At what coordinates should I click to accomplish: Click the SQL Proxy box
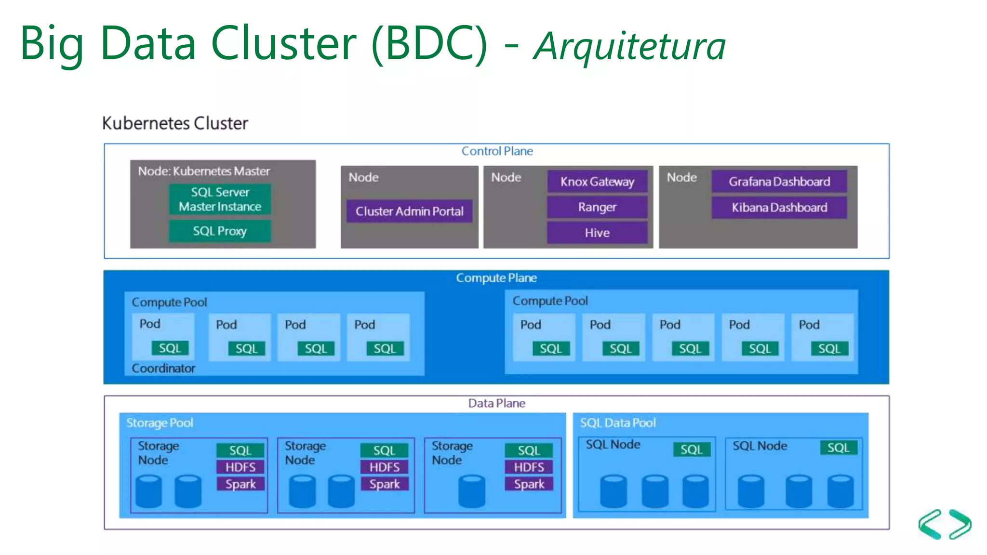click(219, 231)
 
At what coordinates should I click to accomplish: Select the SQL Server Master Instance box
click(219, 199)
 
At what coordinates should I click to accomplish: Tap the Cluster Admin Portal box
click(409, 211)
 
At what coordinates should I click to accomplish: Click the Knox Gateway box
click(597, 182)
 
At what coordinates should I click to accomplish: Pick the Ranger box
click(597, 207)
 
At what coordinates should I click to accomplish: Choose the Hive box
click(597, 233)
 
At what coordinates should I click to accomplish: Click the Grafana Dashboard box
click(779, 182)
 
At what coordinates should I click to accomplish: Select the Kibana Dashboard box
click(779, 207)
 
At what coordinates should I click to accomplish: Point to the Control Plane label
click(497, 151)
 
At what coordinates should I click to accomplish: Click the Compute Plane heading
click(496, 278)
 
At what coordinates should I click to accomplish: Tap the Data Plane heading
click(496, 403)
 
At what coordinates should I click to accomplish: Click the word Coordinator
click(163, 368)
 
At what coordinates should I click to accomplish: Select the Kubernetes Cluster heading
click(175, 123)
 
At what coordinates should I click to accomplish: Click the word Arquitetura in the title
click(629, 46)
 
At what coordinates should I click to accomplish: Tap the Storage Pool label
click(160, 423)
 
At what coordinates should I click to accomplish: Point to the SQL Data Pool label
click(617, 423)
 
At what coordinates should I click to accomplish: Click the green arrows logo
click(944, 524)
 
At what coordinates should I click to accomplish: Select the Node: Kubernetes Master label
click(204, 171)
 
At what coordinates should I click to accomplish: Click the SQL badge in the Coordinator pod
click(170, 348)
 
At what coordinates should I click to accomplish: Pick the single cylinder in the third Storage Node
click(471, 491)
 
